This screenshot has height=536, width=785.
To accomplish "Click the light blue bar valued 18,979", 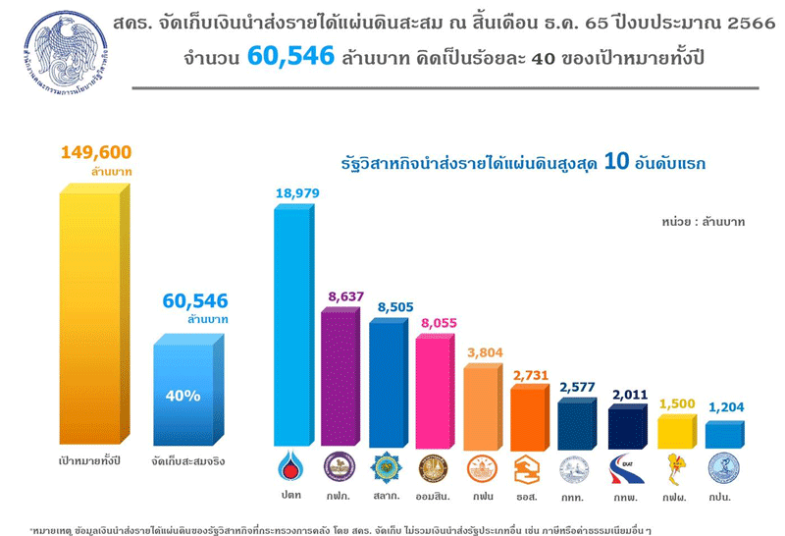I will tap(293, 324).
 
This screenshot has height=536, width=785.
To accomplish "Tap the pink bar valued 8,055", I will tap(435, 393).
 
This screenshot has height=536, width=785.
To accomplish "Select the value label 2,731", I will tap(529, 374).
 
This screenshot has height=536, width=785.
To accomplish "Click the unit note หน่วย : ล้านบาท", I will tap(703, 222).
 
